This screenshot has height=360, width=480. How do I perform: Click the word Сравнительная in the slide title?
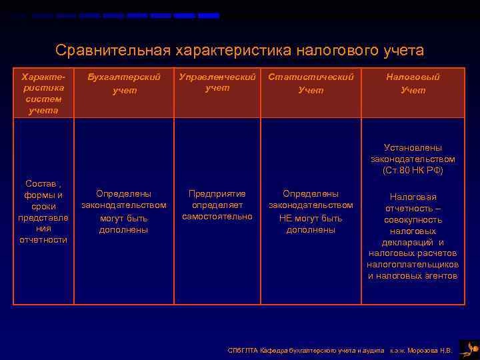coord(113,51)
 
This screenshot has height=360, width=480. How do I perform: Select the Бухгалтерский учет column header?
coord(123,83)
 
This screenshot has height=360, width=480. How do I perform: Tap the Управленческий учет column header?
coord(217,82)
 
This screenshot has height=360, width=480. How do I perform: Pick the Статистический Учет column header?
coord(311,83)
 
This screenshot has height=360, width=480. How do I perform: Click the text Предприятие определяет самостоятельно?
coord(217,205)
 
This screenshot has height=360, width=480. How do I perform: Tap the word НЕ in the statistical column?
coord(286,218)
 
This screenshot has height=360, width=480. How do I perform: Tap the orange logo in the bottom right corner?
coord(469,348)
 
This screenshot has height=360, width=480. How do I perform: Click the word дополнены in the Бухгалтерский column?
coord(123,230)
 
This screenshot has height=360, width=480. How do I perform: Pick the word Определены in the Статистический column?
coord(311,193)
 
